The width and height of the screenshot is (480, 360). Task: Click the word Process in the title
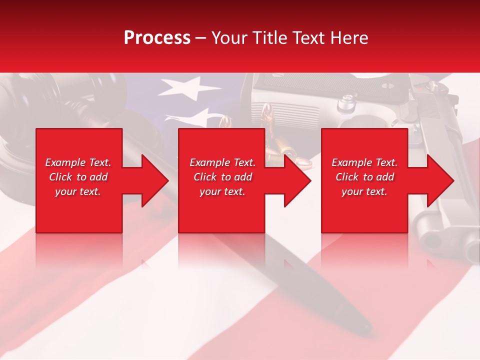click(x=157, y=37)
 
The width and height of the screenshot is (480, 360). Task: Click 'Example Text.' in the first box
click(x=78, y=162)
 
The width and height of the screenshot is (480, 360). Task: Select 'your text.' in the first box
click(x=78, y=191)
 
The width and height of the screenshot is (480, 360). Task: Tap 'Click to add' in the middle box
click(x=222, y=177)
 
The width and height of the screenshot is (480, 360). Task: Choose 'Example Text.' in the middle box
click(x=222, y=162)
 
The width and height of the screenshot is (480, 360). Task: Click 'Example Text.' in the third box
click(x=364, y=162)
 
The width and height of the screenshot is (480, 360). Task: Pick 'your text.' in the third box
click(x=364, y=191)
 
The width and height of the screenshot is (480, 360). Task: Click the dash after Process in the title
click(x=201, y=38)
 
